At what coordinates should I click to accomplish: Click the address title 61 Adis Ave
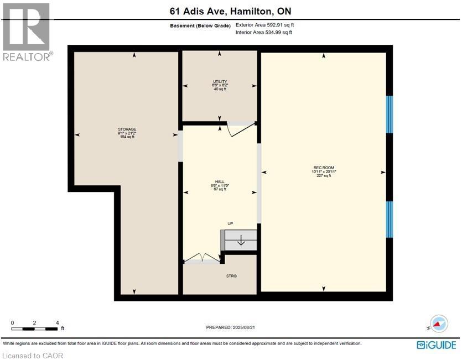[x=230, y=11]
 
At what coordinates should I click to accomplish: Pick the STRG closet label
[x=231, y=276]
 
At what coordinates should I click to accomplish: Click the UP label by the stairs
[x=231, y=223]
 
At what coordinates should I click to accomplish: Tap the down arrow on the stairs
[x=241, y=240]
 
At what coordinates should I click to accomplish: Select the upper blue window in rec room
[x=389, y=114]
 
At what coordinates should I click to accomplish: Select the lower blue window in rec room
[x=389, y=220]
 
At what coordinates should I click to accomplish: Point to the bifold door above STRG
[x=202, y=258]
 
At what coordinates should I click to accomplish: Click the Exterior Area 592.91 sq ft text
[x=264, y=25]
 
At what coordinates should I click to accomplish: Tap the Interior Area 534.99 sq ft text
[x=263, y=33]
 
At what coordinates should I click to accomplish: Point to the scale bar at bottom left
[x=34, y=328]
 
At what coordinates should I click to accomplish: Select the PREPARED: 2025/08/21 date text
[x=230, y=327]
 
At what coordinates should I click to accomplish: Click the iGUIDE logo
[x=437, y=345]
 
